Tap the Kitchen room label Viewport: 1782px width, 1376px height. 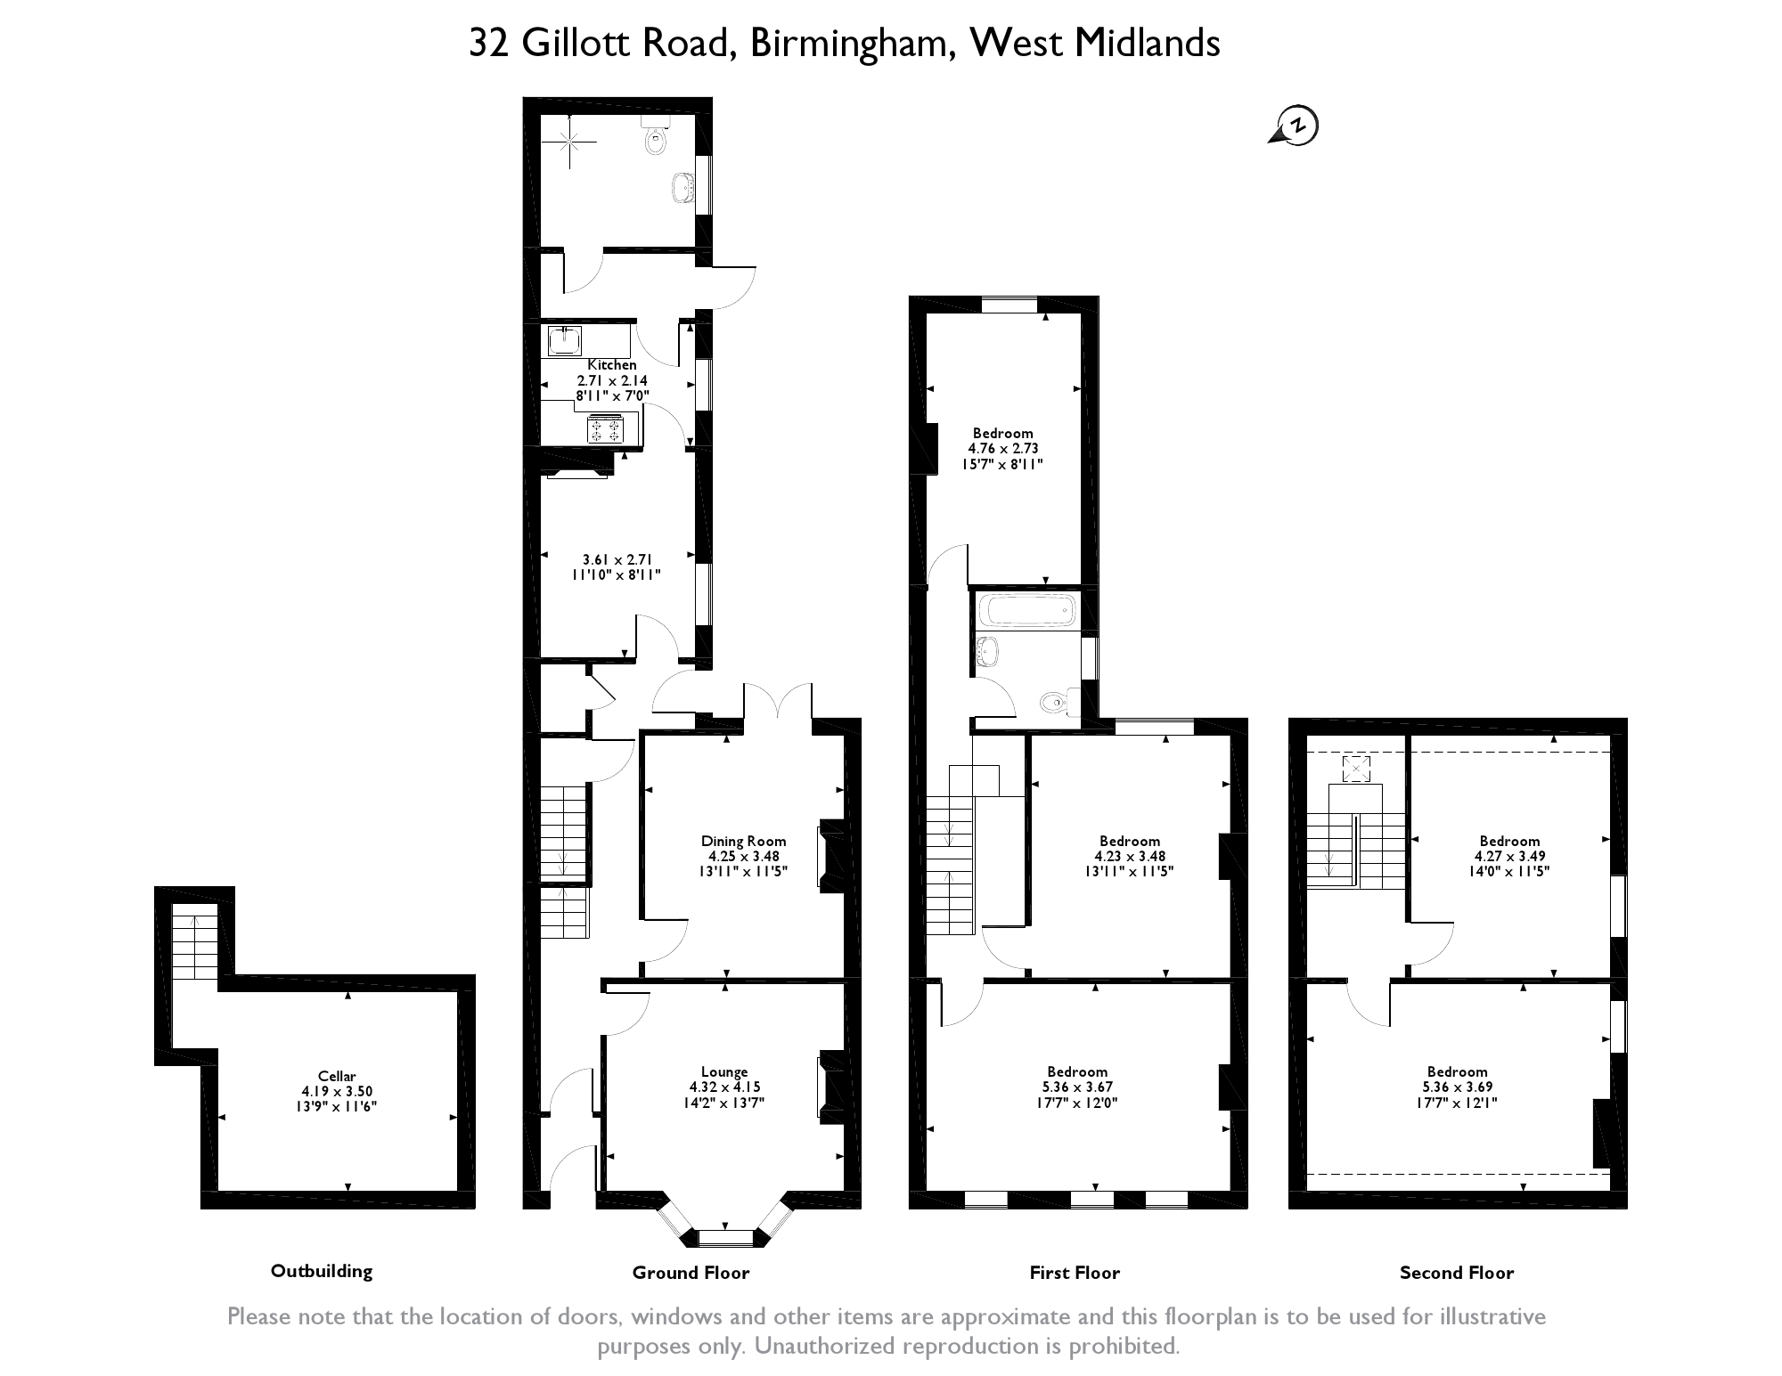coord(612,365)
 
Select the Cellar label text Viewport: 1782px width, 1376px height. coord(337,1076)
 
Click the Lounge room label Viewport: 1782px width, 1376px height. coord(723,1071)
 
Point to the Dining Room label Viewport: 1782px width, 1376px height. coord(743,841)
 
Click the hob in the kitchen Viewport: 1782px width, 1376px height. coord(606,430)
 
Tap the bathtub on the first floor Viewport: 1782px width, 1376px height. coord(1026,611)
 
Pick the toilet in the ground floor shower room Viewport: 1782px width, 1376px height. coord(656,138)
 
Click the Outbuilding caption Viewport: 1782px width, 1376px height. coord(322,1271)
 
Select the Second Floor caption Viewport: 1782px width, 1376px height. coord(1456,1273)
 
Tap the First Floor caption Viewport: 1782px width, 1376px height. coord(1075,1273)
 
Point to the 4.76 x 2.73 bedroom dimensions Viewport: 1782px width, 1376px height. coord(1002,449)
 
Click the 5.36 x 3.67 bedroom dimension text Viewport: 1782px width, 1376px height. coord(1077,1087)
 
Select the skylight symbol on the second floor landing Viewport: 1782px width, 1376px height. coord(1356,769)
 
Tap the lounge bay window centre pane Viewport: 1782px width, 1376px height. coord(724,1236)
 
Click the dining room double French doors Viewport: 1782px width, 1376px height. coord(778,701)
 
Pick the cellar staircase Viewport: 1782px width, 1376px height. coord(194,942)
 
